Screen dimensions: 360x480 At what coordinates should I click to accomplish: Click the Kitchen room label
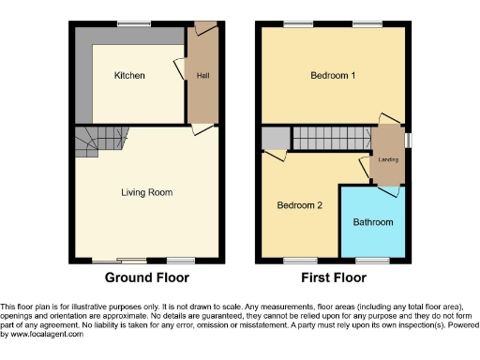[129, 75]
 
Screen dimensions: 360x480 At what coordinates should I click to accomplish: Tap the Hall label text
[202, 75]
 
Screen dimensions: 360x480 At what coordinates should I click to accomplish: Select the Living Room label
[146, 192]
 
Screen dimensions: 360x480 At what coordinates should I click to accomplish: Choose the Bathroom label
[373, 222]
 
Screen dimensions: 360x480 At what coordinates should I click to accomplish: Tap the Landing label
[388, 159]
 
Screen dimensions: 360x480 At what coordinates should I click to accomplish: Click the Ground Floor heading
[146, 277]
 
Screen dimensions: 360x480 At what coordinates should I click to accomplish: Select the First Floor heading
[334, 277]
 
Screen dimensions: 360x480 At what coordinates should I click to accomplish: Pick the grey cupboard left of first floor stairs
[274, 139]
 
